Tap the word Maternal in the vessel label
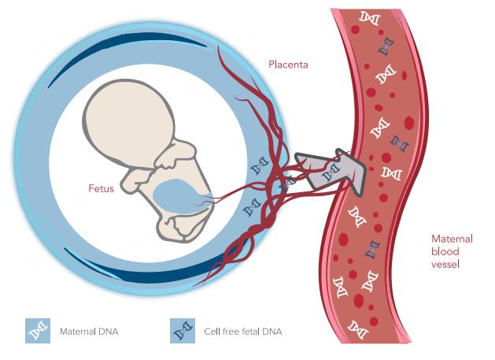(x=452, y=239)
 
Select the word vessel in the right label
(x=445, y=264)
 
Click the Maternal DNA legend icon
(x=38, y=332)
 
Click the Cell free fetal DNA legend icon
(x=183, y=332)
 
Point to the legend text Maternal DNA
(x=89, y=332)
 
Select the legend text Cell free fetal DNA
(x=242, y=332)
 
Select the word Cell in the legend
(x=213, y=332)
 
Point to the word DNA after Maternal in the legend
(x=109, y=332)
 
